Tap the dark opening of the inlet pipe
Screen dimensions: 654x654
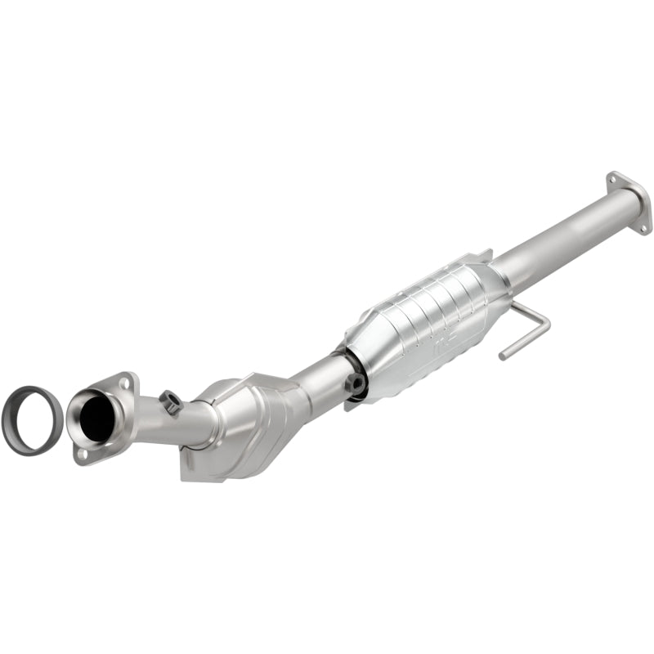click(x=97, y=414)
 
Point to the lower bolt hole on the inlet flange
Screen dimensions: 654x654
click(x=80, y=450)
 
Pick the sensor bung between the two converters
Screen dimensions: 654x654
click(x=356, y=382)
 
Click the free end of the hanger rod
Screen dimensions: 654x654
click(x=503, y=356)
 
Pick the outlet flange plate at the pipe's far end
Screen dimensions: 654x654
click(x=630, y=200)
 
